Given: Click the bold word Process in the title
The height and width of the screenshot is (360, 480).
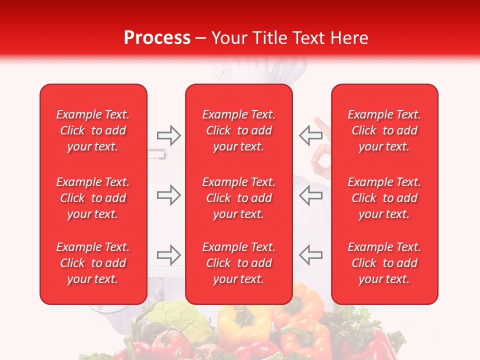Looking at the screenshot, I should (x=157, y=38).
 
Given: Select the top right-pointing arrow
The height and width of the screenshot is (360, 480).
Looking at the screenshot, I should (x=168, y=135).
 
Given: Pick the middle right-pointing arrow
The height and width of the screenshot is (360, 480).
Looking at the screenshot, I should (x=168, y=195).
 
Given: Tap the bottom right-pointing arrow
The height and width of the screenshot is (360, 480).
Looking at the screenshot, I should (x=168, y=255).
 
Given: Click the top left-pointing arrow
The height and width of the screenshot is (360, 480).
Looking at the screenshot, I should (x=311, y=135).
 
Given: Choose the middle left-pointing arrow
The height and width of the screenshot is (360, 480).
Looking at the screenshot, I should (x=311, y=195).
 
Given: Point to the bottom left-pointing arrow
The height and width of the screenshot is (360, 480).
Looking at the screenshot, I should (x=311, y=255).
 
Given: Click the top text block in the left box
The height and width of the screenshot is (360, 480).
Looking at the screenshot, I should (x=93, y=130).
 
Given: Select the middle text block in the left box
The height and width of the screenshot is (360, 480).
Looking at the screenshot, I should (x=93, y=198).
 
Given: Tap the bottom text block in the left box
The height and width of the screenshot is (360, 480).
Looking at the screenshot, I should (x=93, y=263).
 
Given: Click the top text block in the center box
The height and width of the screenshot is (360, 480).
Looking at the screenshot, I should (x=238, y=130).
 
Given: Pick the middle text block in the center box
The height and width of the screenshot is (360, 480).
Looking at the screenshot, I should (x=238, y=198).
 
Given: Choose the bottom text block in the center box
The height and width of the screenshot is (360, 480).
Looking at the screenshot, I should (x=238, y=263).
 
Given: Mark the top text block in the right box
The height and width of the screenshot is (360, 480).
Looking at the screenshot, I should (x=384, y=130).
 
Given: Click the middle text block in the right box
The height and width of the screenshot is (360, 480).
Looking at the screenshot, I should (x=384, y=198).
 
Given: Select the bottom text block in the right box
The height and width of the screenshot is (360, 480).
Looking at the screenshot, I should (x=384, y=263).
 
